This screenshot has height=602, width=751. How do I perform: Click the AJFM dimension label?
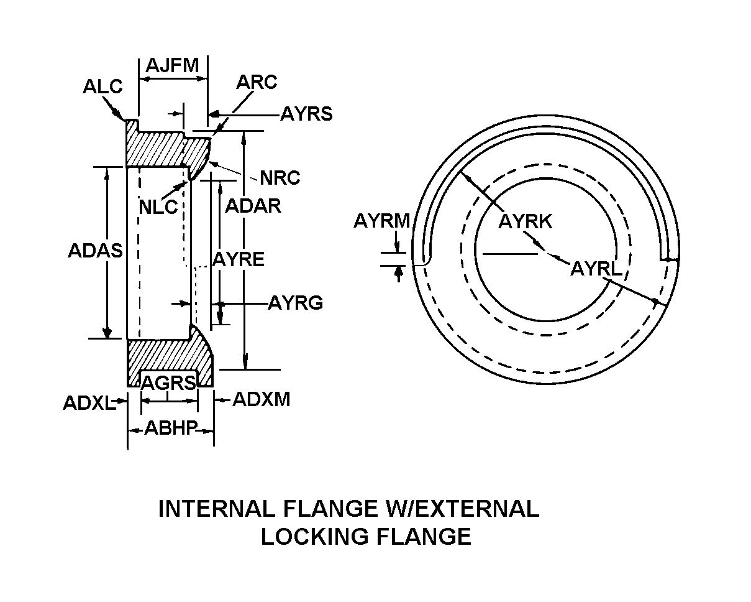pyautogui.click(x=172, y=65)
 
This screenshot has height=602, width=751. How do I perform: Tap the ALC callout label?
pyautogui.click(x=102, y=86)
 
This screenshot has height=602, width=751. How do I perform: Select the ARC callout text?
pyautogui.click(x=257, y=82)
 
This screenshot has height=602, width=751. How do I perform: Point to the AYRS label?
pyautogui.click(x=306, y=114)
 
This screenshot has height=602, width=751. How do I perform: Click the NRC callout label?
pyautogui.click(x=280, y=178)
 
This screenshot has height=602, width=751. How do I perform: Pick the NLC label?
pyautogui.click(x=158, y=207)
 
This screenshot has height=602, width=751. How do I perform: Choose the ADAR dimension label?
pyautogui.click(x=253, y=206)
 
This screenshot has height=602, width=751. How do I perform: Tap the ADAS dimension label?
pyautogui.click(x=95, y=251)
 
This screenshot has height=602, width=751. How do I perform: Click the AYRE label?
pyautogui.click(x=239, y=259)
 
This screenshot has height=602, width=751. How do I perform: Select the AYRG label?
pyautogui.click(x=295, y=303)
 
